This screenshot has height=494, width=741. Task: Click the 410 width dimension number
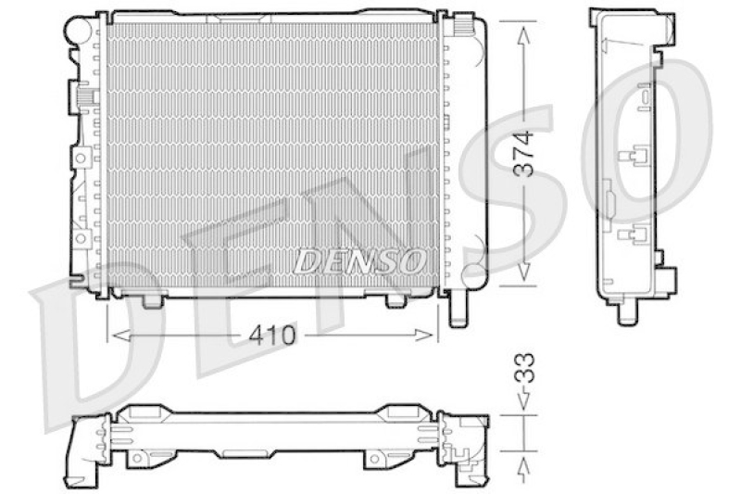click(271, 336)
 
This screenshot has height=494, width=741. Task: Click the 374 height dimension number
click(524, 154)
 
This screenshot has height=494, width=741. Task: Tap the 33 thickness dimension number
click(524, 368)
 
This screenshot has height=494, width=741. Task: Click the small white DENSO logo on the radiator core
click(359, 261)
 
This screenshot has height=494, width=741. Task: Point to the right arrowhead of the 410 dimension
click(423, 336)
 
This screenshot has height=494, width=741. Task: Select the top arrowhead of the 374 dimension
click(523, 36)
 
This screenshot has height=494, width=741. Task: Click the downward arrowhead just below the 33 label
click(523, 401)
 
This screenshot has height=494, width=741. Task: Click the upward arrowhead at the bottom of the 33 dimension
click(523, 465)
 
